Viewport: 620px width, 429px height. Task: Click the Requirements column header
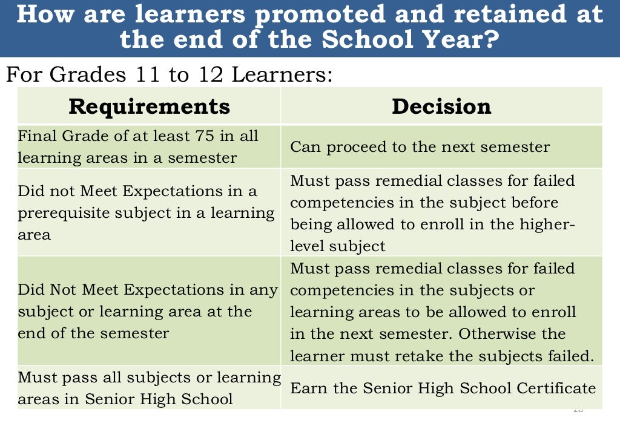(149, 106)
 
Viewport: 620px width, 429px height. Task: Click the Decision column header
(441, 106)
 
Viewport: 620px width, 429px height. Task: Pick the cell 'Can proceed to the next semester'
(420, 147)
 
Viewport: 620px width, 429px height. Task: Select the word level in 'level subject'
(306, 246)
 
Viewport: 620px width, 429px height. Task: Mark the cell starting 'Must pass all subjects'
(149, 388)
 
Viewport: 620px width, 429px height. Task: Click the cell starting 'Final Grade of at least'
(149, 147)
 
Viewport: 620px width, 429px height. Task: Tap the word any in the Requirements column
(264, 290)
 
